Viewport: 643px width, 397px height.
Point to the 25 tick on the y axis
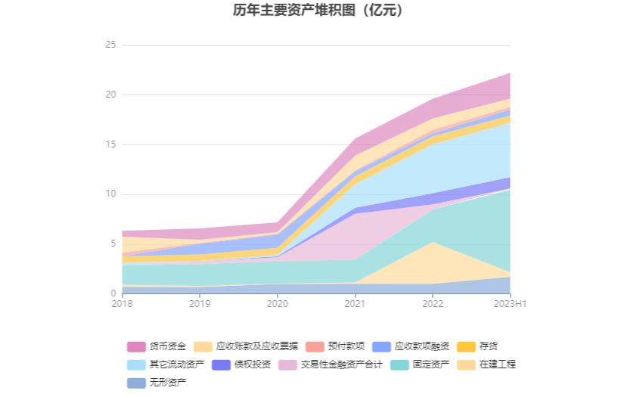[x=110, y=45]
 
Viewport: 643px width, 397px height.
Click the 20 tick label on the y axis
[x=110, y=95]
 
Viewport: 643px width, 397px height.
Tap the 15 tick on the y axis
[x=110, y=144]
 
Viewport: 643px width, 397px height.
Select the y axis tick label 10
[x=110, y=194]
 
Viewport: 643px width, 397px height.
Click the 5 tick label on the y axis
[x=113, y=243]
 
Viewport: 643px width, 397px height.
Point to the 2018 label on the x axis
[x=122, y=303]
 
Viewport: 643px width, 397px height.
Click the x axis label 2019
[x=200, y=303]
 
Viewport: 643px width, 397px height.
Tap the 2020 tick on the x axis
[x=278, y=303]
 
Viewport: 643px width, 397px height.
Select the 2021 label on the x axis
[x=355, y=303]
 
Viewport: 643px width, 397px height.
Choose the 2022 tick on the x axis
[x=433, y=303]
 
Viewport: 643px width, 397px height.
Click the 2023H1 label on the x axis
[x=510, y=303]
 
